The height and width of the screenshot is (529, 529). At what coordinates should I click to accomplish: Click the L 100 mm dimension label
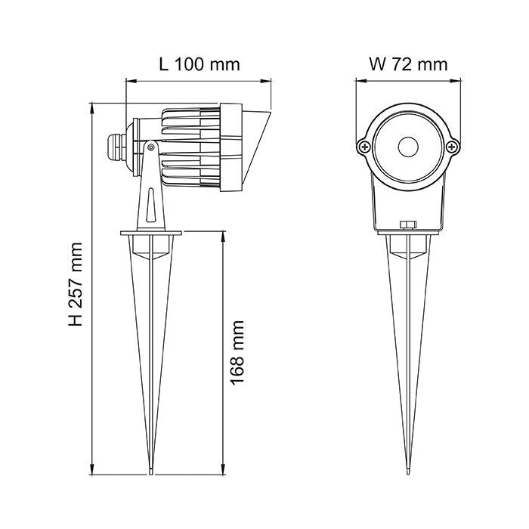(199, 64)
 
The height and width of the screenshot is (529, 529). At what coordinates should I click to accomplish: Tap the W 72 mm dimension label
(408, 64)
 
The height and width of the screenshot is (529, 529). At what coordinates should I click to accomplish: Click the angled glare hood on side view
(255, 148)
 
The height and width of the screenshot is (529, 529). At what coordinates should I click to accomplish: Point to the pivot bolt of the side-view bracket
(152, 147)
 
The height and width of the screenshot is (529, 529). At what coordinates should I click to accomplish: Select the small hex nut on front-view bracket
(408, 224)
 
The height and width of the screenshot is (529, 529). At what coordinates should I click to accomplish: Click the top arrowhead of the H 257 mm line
(92, 107)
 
